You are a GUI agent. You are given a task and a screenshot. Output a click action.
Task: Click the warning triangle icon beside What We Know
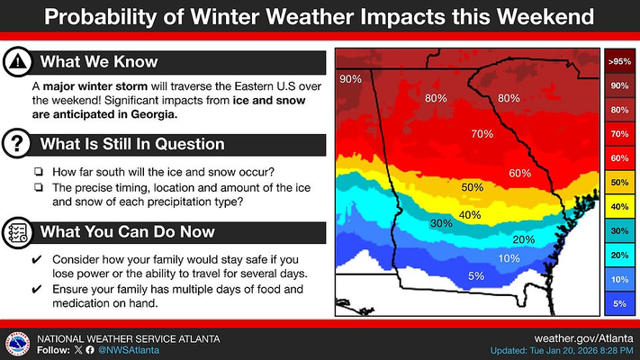point(18,61)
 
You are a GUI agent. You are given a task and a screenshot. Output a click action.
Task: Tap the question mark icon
point(18,143)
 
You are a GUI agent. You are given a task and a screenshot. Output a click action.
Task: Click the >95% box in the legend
point(618,62)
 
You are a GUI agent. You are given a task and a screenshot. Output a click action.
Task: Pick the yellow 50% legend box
point(618,182)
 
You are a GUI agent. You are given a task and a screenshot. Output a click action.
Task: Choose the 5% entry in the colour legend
point(618,304)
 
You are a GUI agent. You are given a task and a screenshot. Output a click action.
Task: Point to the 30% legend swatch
point(618,231)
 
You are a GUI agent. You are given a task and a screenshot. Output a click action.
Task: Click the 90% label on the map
point(350,80)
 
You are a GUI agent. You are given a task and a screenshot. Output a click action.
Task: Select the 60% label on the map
point(519,173)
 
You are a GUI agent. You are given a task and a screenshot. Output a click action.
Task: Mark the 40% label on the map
point(470,215)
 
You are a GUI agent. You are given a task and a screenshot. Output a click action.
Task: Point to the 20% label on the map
point(523,239)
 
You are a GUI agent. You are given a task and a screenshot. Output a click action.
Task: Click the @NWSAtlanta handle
point(125,349)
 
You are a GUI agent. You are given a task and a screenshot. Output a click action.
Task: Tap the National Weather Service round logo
point(18,343)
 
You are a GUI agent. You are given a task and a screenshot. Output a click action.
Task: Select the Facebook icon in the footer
point(89,349)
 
